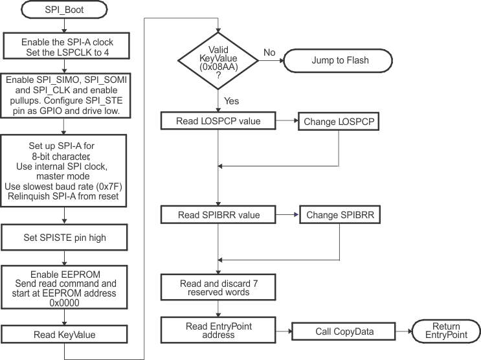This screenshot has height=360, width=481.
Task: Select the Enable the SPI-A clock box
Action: coord(68,45)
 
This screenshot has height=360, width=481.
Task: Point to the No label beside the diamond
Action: coord(270,53)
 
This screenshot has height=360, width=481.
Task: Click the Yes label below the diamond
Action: coord(230,101)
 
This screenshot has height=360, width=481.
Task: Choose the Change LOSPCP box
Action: coord(338,121)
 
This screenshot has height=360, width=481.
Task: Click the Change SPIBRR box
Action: coord(339,214)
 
